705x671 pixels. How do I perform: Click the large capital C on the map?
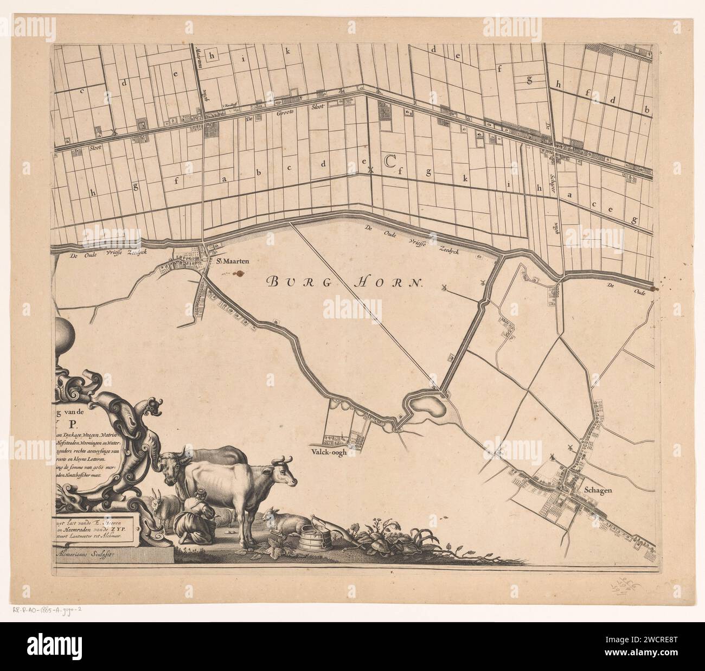[x=389, y=161]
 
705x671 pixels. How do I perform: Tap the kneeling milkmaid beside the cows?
[x=197, y=515]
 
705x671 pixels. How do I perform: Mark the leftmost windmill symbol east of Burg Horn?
[x=445, y=288]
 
